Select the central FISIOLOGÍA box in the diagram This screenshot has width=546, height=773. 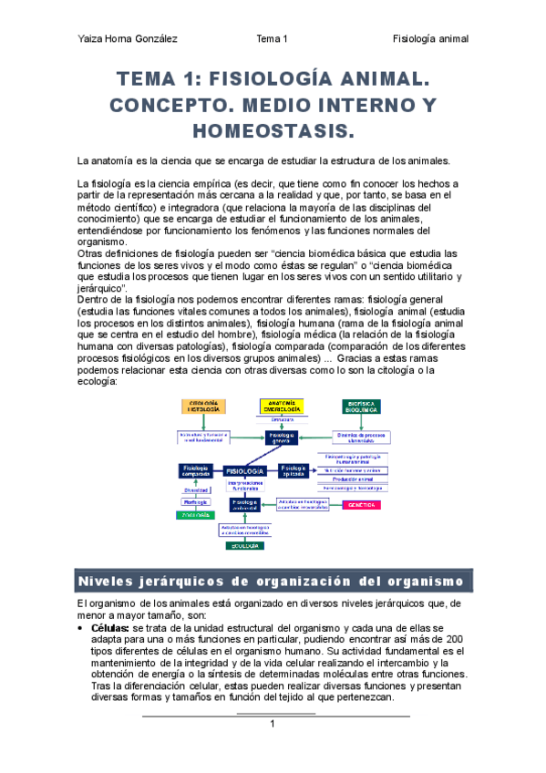click(x=243, y=470)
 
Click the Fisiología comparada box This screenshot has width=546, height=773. click(x=195, y=471)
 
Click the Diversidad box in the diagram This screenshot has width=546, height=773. click(x=196, y=490)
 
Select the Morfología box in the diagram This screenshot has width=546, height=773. click(x=196, y=502)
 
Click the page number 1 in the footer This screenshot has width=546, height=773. click(x=272, y=724)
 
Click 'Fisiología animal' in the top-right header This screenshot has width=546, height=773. click(x=430, y=39)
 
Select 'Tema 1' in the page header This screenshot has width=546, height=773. click(x=273, y=39)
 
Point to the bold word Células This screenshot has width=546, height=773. click(x=109, y=628)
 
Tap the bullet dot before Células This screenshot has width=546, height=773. click(x=83, y=628)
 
